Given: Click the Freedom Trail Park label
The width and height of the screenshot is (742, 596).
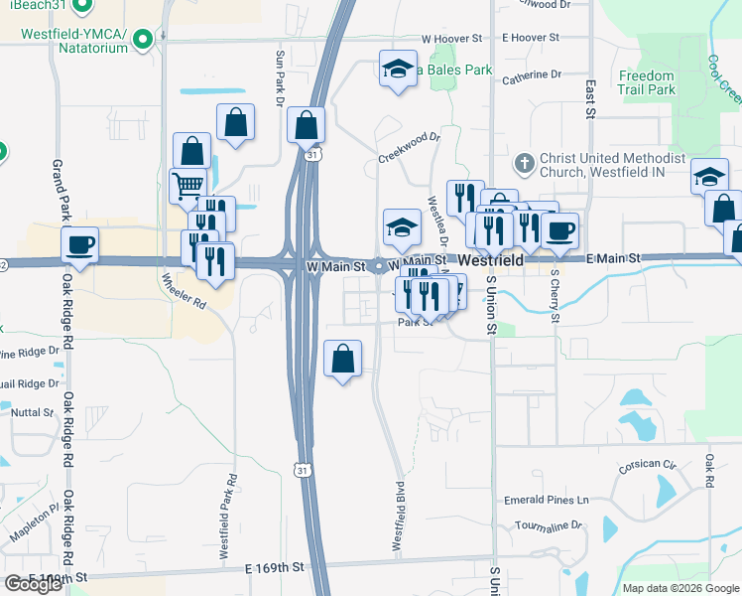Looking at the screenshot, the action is point(646,82).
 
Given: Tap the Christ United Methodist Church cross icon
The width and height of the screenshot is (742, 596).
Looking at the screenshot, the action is point(525,162).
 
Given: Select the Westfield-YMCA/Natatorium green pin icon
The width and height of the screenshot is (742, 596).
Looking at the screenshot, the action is point(143,40).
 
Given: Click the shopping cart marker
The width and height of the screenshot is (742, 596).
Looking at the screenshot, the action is point(187,184).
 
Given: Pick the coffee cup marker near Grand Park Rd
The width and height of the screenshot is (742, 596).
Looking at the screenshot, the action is point(79,243).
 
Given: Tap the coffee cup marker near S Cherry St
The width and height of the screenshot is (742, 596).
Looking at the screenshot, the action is point(560,229).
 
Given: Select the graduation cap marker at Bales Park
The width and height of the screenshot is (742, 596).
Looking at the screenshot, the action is point(398,69).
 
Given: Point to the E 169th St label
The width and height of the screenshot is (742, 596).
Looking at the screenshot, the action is point(273,568).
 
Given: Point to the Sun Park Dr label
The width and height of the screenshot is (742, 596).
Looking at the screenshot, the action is point(280,78).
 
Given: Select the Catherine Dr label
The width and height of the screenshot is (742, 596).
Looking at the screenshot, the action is point(531,75).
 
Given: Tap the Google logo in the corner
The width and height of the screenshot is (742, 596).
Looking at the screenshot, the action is point(33,584).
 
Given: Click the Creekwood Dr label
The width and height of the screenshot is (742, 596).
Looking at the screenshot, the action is point(408,147).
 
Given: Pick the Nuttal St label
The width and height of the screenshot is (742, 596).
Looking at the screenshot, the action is point(33,411).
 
